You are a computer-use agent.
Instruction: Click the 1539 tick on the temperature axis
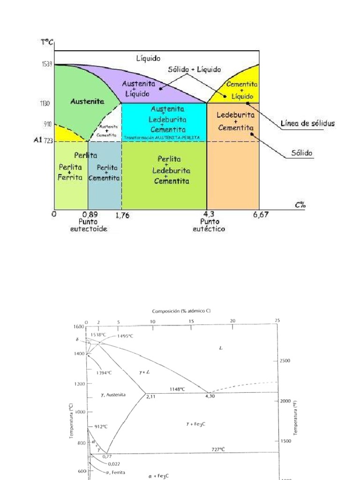[45, 64]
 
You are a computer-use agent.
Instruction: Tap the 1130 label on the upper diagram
[45, 103]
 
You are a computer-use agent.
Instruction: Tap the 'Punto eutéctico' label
[208, 225]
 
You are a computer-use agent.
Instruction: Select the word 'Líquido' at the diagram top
[148, 59]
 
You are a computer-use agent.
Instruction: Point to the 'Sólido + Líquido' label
[194, 69]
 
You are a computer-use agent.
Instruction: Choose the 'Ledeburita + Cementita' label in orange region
[235, 121]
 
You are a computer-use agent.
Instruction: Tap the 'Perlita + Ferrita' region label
[70, 172]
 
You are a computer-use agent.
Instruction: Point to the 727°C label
[217, 449]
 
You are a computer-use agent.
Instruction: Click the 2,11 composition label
[150, 397]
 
